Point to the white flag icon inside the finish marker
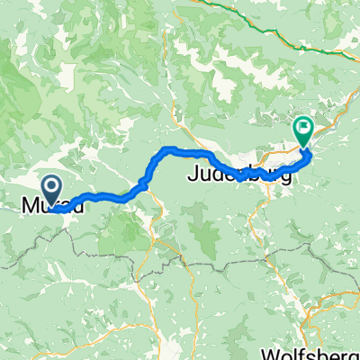(x=303, y=129)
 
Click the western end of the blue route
(x=55, y=211)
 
